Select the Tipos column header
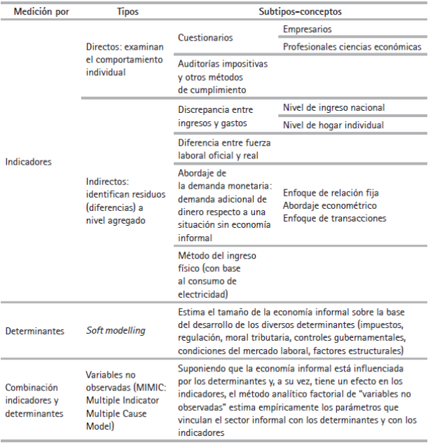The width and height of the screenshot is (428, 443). coord(127,12)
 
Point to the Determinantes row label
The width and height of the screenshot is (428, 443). coord(34,329)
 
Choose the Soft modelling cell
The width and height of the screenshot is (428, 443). coord(115,329)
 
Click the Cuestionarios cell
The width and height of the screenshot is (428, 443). coord(206,37)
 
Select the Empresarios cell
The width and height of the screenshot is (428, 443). coord(308,29)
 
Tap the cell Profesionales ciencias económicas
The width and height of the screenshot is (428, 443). coord(352,47)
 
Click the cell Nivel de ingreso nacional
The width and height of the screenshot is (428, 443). coord(334,108)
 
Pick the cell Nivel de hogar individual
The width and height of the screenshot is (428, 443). coord(333,125)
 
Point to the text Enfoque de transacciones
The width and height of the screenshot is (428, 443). coord(334,218)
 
